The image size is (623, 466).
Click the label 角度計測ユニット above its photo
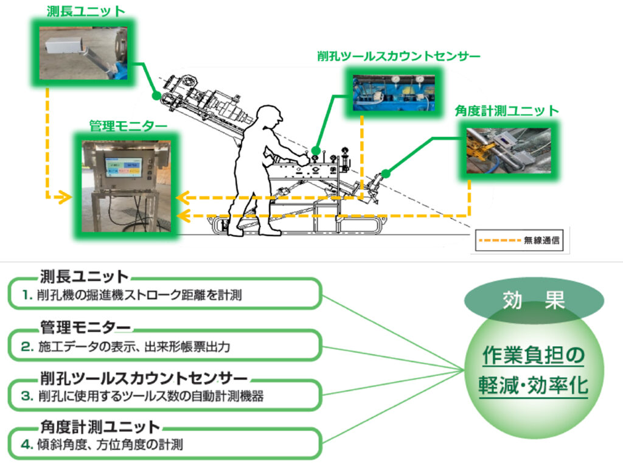pyautogui.click(x=507, y=111)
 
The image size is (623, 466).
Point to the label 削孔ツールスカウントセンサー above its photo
pyautogui.click(x=399, y=57)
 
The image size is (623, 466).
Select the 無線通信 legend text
pyautogui.click(x=543, y=240)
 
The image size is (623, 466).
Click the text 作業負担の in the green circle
pyautogui.click(x=532, y=355)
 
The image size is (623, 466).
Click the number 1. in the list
pyautogui.click(x=26, y=296)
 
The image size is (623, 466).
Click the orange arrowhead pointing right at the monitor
pyautogui.click(x=61, y=197)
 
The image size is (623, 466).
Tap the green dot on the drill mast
pyautogui.click(x=156, y=96)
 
